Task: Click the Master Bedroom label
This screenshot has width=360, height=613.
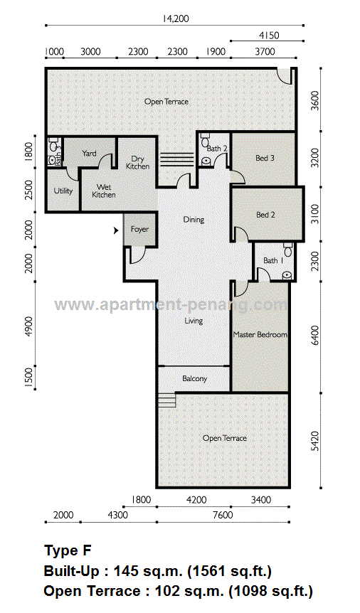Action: point(260,335)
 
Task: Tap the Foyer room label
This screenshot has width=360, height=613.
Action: point(139,229)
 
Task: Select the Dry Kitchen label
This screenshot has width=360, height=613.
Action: point(138,163)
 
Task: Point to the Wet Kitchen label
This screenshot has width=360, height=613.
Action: point(104,191)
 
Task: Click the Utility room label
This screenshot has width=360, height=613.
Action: point(63,191)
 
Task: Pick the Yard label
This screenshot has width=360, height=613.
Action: point(89,154)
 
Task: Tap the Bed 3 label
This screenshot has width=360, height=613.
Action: point(265,158)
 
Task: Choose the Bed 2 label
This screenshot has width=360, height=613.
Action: point(265,215)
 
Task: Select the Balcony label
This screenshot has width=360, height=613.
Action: point(194,378)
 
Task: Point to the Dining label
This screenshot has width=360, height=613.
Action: point(194,220)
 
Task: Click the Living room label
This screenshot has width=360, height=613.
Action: point(194,321)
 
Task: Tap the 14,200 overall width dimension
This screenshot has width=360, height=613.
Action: point(176,18)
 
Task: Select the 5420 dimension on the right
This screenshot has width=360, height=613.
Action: point(315,441)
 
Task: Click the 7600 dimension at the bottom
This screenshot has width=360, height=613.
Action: point(223,515)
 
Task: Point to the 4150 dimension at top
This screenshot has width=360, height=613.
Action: point(269,36)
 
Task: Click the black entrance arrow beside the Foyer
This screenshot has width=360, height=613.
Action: point(116,231)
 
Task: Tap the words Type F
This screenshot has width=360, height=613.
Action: point(68,550)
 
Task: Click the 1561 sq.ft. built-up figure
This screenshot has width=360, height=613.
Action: point(230,572)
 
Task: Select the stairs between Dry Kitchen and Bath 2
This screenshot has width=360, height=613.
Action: point(177,159)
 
